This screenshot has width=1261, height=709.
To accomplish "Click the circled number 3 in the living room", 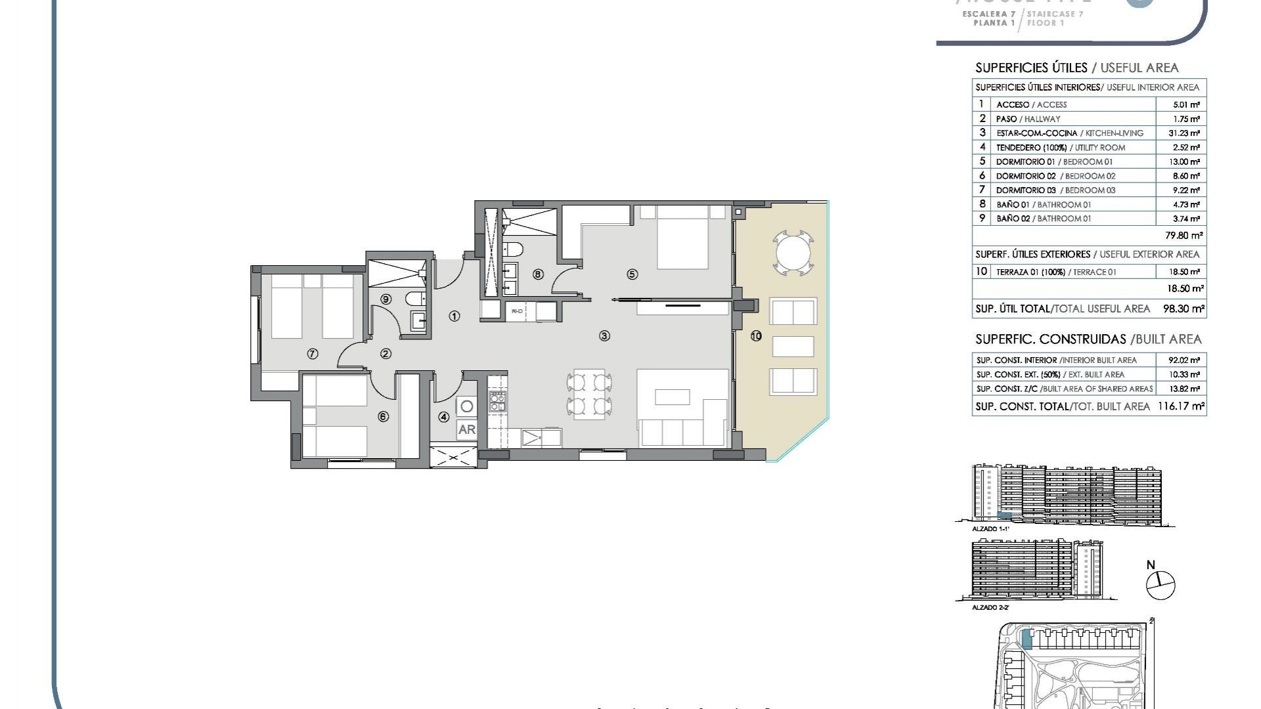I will coord(604,335).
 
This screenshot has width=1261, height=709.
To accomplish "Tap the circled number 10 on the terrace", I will coord(756,335).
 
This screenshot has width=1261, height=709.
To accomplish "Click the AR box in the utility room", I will coord(466,429).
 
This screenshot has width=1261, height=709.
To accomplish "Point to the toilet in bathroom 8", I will coord(513,249).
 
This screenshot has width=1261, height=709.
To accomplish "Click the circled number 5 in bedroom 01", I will coord(632,274).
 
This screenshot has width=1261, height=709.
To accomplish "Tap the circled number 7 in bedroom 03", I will coord(313,354).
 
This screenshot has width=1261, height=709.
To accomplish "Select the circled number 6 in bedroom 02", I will coord(383,416).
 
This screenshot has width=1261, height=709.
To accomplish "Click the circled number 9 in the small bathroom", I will coord(386,299).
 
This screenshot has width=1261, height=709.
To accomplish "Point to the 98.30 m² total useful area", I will coord(1184,309).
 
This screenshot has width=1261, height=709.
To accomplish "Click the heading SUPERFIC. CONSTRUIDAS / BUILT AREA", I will coord(1088,339).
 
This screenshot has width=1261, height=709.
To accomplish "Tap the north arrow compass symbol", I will coord(1160,584).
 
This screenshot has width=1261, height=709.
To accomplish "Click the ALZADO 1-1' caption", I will coord(990,528).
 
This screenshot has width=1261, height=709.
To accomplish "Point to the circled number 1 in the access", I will coord(454,316).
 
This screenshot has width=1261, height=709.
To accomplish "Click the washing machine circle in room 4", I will coord(466,406).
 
